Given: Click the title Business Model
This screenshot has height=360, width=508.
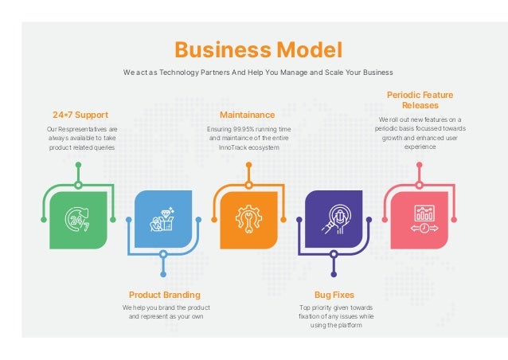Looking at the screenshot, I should [258, 50].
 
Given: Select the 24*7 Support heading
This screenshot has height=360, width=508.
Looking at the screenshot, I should [80, 115].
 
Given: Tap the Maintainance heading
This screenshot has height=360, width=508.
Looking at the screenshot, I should [247, 115].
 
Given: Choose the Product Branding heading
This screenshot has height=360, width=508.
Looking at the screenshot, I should [165, 295].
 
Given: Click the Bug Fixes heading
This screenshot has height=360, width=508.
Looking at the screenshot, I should [334, 295].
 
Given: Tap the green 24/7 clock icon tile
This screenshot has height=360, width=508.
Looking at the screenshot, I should [78, 219].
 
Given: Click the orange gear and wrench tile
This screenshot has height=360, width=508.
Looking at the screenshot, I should [248, 219].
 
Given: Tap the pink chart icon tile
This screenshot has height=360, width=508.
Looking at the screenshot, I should [419, 219].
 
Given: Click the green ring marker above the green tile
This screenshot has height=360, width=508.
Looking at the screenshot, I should [78, 185].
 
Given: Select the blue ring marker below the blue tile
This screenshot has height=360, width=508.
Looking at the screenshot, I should [163, 254].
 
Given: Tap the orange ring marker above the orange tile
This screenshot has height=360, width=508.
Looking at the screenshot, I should [248, 185].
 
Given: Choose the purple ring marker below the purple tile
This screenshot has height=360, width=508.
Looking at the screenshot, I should [334, 254].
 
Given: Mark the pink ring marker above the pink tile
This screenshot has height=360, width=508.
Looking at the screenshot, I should [419, 185].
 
